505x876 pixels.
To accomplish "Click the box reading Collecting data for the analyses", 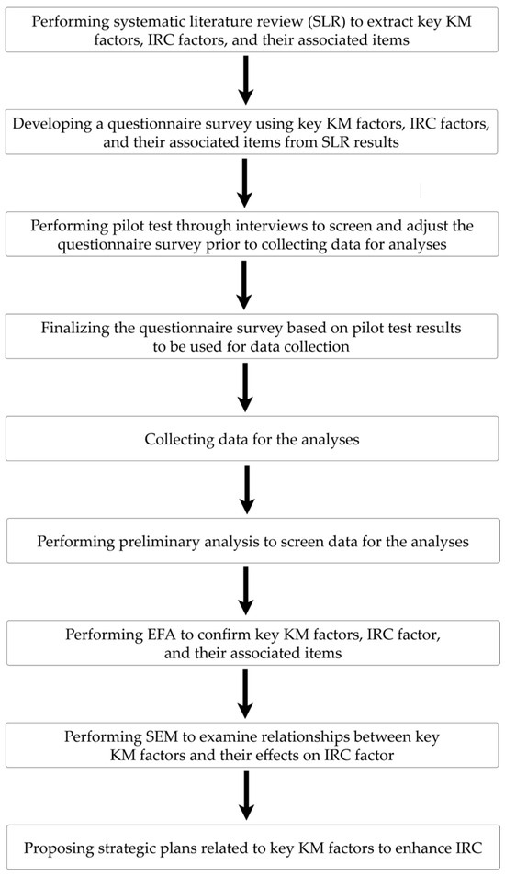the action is pyautogui.click(x=252, y=439).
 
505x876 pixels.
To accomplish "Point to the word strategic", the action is pyautogui.click(x=115, y=848).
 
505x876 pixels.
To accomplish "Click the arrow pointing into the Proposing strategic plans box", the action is pyautogui.click(x=245, y=795).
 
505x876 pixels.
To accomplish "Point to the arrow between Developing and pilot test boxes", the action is pyautogui.click(x=245, y=183).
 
